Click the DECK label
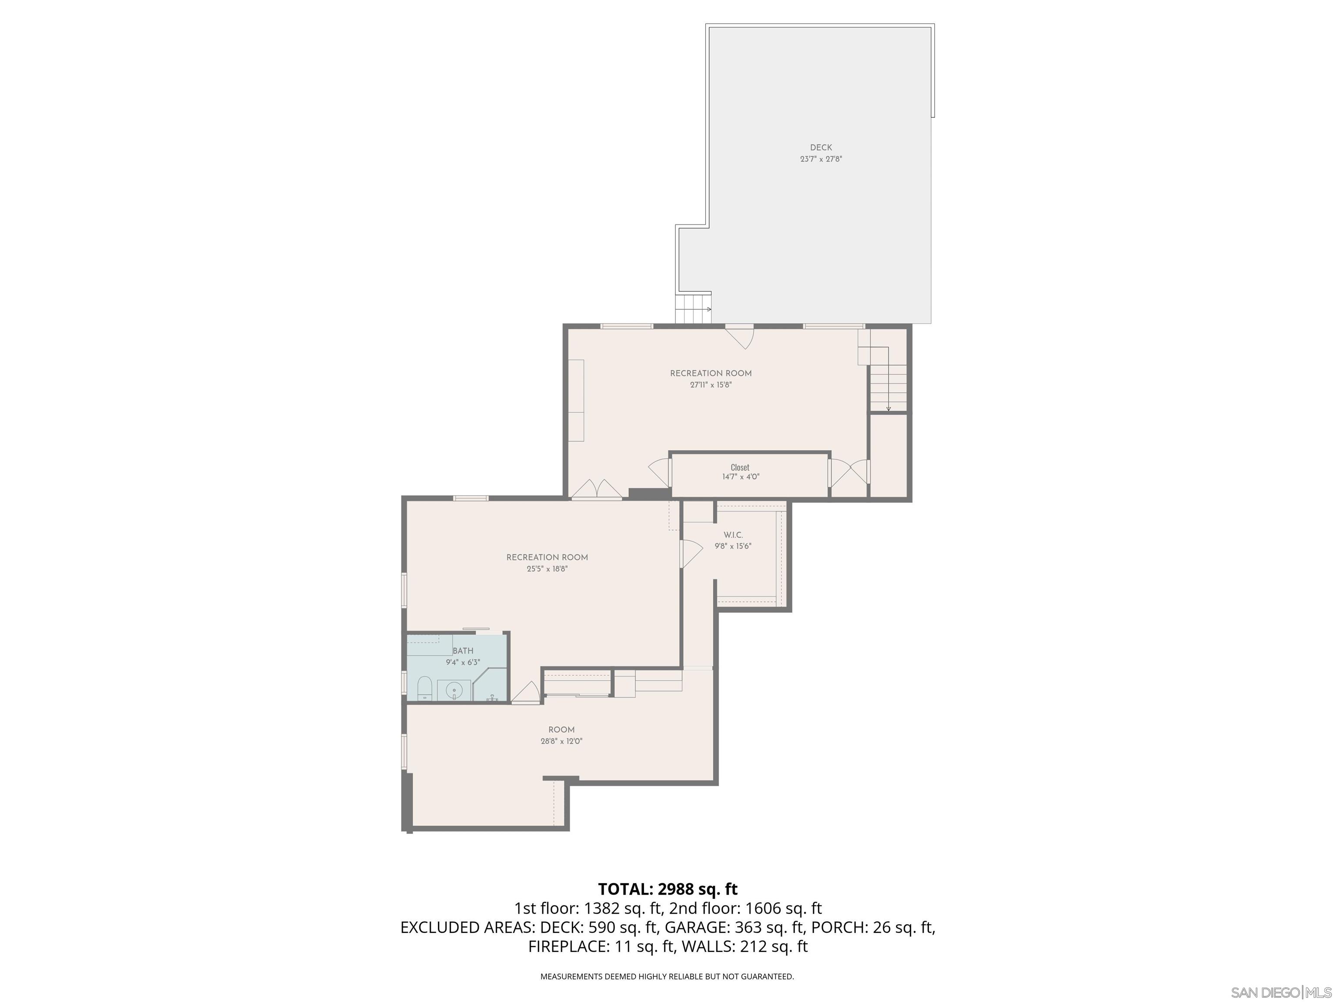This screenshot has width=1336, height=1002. click(x=821, y=147)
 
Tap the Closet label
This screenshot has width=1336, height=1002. click(x=740, y=468)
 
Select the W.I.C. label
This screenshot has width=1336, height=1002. click(x=733, y=535)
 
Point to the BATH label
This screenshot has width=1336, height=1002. click(x=463, y=651)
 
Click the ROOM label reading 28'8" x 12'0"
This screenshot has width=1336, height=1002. click(x=561, y=730)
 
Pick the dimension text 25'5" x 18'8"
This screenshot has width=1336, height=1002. click(x=547, y=569)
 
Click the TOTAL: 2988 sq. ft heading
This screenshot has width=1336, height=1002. click(x=668, y=889)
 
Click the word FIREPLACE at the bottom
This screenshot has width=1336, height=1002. click(x=567, y=946)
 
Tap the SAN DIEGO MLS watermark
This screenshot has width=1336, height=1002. click(x=1280, y=992)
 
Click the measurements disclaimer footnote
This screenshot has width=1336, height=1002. click(x=667, y=976)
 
